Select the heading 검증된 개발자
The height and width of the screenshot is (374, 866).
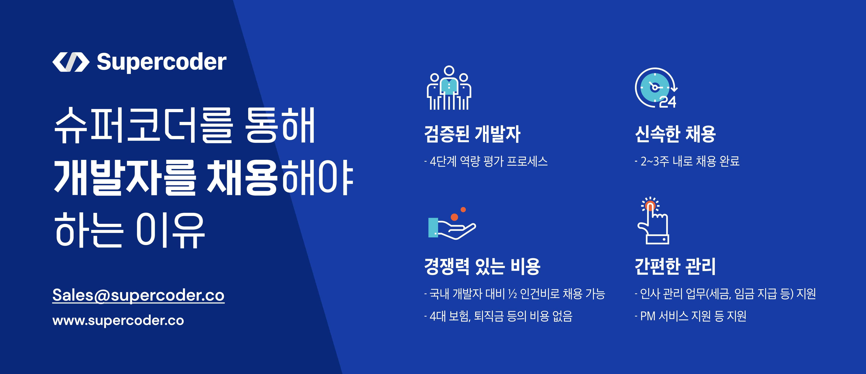(x=472, y=134)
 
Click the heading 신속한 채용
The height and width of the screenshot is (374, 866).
(x=675, y=134)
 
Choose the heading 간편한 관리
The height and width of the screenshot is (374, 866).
(x=675, y=266)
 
